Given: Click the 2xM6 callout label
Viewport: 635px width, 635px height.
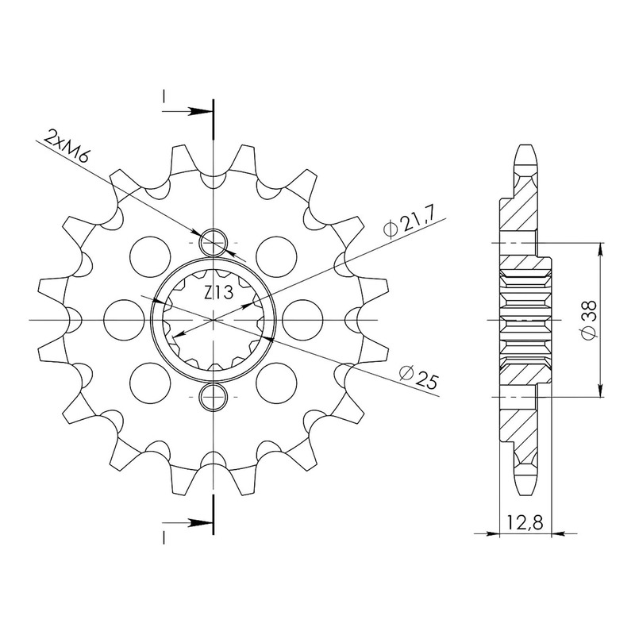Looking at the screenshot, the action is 66,146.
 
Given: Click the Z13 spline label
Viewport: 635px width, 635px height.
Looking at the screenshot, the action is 218,292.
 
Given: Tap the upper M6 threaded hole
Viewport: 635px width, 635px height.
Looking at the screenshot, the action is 213,243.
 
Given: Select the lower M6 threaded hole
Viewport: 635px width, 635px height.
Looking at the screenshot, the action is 213,396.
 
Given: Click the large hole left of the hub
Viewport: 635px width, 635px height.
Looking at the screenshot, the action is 124,320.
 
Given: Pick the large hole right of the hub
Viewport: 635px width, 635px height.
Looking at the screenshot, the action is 302,320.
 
